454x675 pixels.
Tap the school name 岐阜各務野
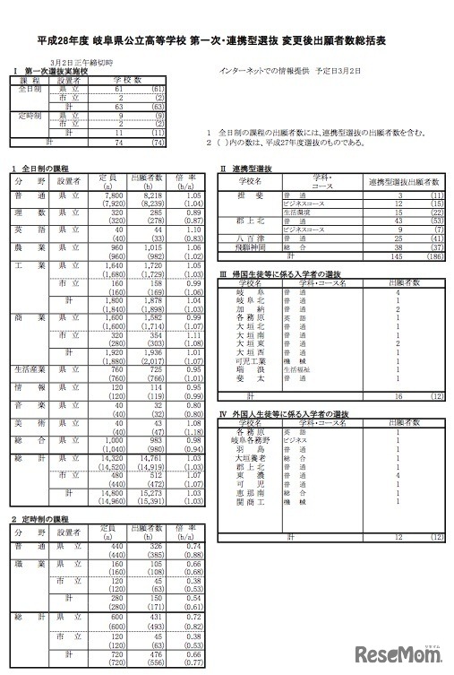click(x=249, y=442)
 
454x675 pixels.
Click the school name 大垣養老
click(x=249, y=458)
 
